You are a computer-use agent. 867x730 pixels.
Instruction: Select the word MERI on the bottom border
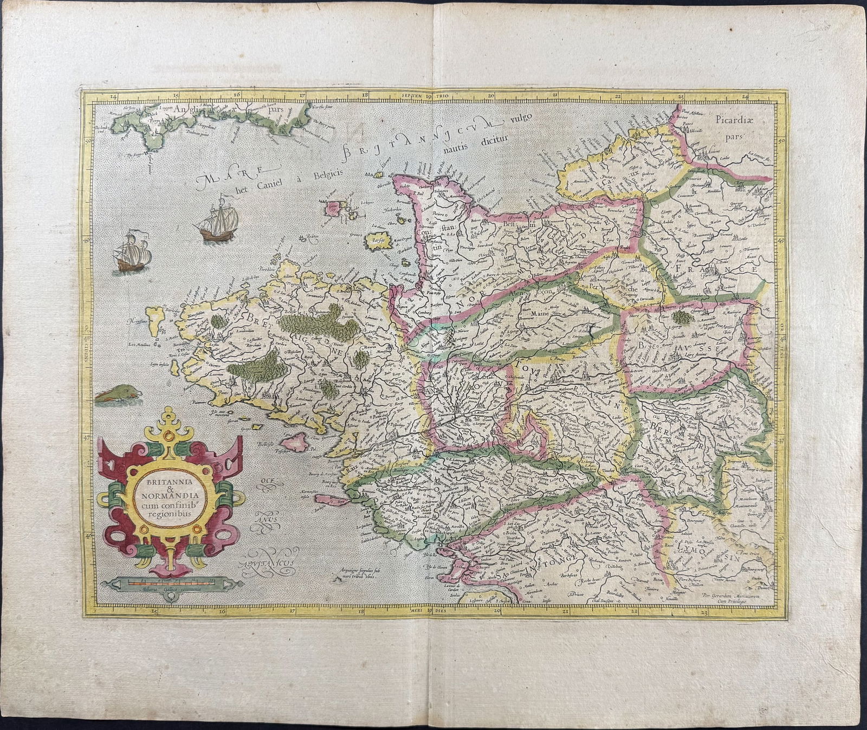click(414, 610)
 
